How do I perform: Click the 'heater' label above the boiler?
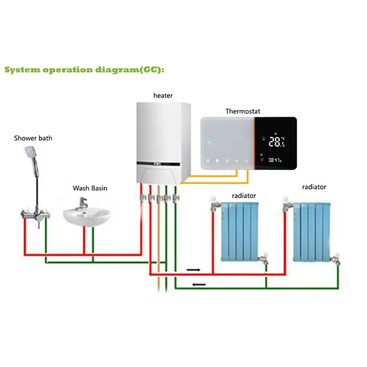pyautogui.click(x=163, y=96)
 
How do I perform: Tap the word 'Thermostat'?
pyautogui.click(x=243, y=112)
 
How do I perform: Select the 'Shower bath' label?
pyautogui.click(x=33, y=138)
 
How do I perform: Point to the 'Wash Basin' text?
pyautogui.click(x=90, y=188)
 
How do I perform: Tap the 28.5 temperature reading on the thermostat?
pyautogui.click(x=276, y=142)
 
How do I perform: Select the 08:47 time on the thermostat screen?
pyautogui.click(x=275, y=160)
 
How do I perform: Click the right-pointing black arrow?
pyautogui.click(x=193, y=270)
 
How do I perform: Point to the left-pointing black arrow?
pyautogui.click(x=199, y=284)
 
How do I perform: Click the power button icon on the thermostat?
pyautogui.click(x=227, y=161)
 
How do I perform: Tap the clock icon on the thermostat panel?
pyautogui.click(x=208, y=161)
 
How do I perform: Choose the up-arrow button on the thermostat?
pyautogui.click(x=237, y=161)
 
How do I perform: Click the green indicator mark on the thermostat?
pyautogui.click(x=209, y=142)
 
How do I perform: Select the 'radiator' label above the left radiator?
pyautogui.click(x=244, y=196)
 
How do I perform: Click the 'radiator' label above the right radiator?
pyautogui.click(x=314, y=187)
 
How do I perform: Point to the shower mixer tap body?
pyautogui.click(x=35, y=214)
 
